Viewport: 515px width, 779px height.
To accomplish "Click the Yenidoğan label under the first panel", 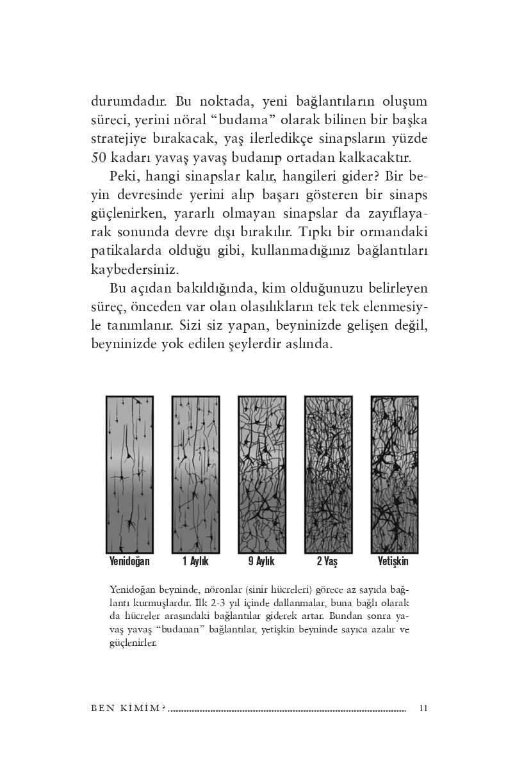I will [x=129, y=561].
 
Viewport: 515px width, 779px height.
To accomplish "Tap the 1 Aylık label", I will [x=195, y=561].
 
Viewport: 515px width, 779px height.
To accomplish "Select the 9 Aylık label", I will [x=261, y=561].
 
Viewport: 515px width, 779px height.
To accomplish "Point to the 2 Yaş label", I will [x=327, y=561].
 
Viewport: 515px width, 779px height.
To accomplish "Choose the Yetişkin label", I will [x=393, y=561].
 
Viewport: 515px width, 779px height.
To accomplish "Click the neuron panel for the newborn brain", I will [x=129, y=474].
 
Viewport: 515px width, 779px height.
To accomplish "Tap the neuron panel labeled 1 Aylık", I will [x=195, y=474].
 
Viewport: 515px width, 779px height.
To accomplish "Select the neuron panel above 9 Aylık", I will [x=262, y=474].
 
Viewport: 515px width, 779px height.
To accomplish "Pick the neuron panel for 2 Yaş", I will [x=328, y=474].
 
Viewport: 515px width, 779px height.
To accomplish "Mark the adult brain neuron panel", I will [x=395, y=474].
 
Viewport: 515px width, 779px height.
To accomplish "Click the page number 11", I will [x=423, y=709].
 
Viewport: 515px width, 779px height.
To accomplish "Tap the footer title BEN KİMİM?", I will [x=129, y=709].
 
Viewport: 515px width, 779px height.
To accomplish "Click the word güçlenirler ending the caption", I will [x=133, y=643].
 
